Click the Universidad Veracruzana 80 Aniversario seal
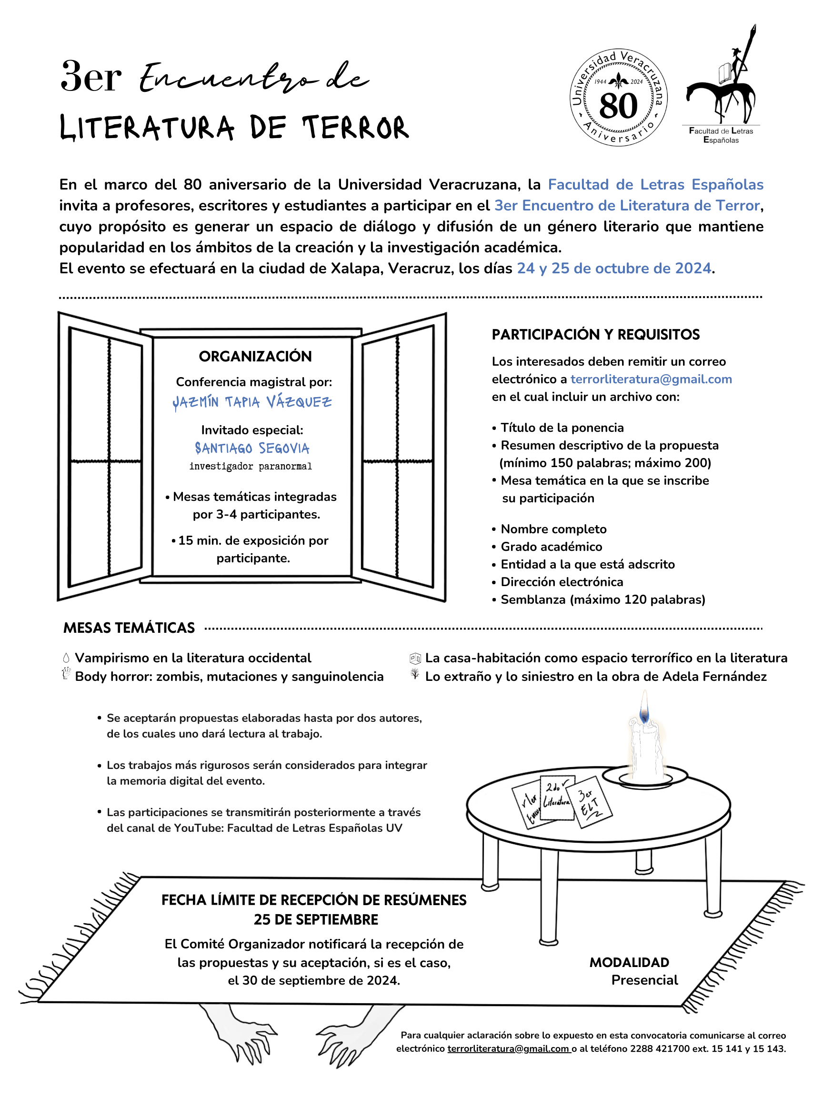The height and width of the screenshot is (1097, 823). tap(618, 98)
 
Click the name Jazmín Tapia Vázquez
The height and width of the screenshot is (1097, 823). tap(252, 402)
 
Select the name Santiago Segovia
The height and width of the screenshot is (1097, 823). tap(252, 449)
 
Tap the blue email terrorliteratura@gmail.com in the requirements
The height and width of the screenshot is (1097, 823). tap(651, 379)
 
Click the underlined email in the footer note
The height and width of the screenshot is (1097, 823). tap(508, 1048)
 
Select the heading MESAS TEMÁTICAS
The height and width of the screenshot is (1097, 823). tap(129, 628)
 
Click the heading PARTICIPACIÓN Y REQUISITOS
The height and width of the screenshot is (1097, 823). tap(595, 335)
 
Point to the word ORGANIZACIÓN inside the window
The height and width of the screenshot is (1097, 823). tap(255, 356)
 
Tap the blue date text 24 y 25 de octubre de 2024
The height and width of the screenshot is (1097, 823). tap(613, 269)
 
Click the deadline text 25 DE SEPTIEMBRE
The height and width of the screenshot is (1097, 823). tap(315, 919)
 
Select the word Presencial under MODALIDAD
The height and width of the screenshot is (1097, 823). tap(644, 980)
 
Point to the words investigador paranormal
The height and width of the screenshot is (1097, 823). tap(251, 466)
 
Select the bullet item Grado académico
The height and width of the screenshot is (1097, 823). tap(551, 547)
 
